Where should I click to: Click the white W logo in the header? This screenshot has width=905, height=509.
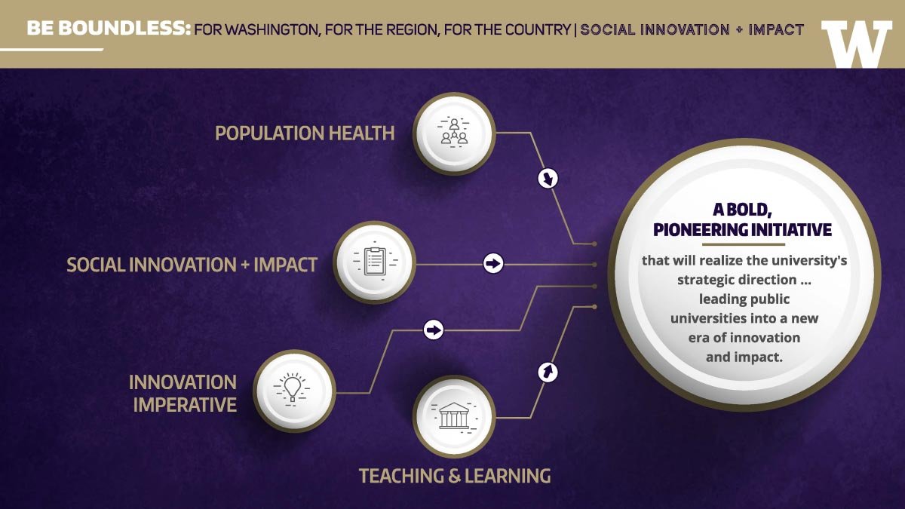tap(857, 44)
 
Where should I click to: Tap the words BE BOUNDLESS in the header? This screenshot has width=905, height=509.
tap(109, 29)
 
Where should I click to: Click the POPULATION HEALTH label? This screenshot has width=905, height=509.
tap(305, 133)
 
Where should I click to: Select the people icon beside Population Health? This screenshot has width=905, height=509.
tap(454, 133)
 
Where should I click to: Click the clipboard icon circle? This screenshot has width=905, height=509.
tap(374, 262)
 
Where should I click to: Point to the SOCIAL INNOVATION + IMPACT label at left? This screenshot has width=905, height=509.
tap(192, 265)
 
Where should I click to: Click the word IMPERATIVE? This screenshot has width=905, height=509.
tap(185, 405)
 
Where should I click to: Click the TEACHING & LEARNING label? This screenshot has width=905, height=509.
tap(455, 476)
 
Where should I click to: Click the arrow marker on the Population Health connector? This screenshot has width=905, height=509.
tap(548, 178)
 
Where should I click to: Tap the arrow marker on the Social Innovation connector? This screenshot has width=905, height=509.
tap(493, 263)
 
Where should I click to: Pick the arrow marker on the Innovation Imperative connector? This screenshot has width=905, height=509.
tap(434, 330)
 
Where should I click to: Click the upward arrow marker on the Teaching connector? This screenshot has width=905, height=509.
tap(548, 372)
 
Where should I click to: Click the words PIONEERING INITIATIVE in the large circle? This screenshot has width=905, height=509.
tap(743, 230)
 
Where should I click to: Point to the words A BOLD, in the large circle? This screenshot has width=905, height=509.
tap(743, 210)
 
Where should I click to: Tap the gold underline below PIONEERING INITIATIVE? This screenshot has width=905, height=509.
tap(744, 244)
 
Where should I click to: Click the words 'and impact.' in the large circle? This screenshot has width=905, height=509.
tap(744, 357)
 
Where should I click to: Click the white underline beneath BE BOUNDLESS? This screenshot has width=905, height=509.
tap(52, 50)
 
